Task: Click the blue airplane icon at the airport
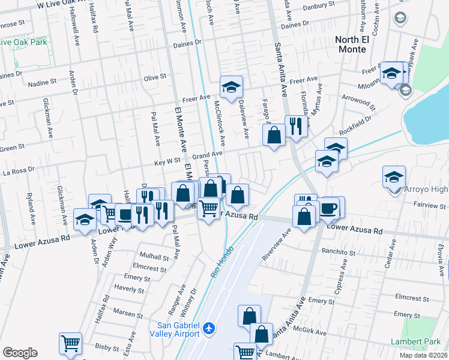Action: (209, 329)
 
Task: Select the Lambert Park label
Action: (423, 341)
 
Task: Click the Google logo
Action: (20, 353)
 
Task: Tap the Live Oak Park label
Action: (24, 42)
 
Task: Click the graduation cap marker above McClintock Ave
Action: (230, 88)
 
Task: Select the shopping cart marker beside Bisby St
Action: (70, 343)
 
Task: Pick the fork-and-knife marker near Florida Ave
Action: (295, 126)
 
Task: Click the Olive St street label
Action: (154, 77)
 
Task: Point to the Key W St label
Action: (167, 161)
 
